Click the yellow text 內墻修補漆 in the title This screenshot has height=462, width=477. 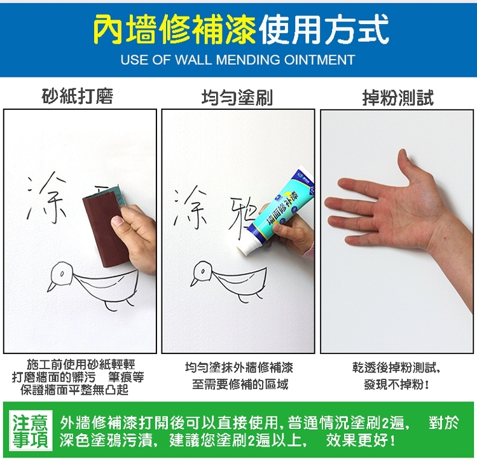tap(175, 29)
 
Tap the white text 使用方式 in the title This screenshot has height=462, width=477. tap(324, 29)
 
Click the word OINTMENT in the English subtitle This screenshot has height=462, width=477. tap(319, 60)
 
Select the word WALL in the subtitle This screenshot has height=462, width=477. tap(193, 60)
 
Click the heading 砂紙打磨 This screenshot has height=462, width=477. tap(78, 96)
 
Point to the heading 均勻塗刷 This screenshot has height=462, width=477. tap(237, 98)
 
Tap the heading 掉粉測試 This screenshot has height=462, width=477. tap(398, 98)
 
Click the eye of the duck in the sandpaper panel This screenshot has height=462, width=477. tap(62, 273)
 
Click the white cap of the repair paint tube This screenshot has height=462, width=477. tap(246, 246)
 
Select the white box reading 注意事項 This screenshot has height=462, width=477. tap(31, 430)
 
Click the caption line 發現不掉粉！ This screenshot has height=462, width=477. tap(397, 385)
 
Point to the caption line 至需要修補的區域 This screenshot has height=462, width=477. tap(240, 384)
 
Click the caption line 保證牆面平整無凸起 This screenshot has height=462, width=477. tap(74, 390)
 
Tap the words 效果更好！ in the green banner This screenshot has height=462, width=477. tap(361, 440)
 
